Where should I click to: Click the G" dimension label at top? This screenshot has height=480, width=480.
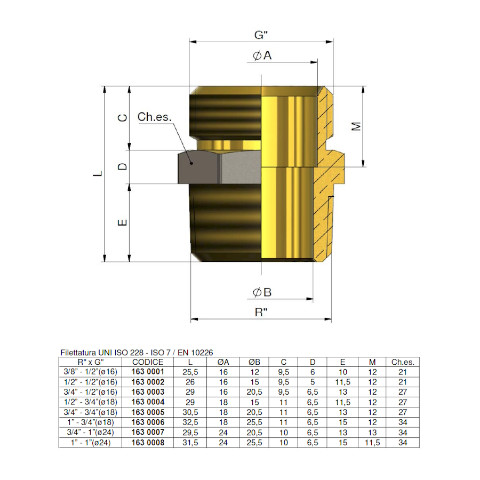point(261,35)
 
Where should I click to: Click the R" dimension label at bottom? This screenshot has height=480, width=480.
point(261,313)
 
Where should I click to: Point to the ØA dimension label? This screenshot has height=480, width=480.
point(262,55)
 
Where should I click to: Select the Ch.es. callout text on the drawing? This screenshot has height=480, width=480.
point(154,117)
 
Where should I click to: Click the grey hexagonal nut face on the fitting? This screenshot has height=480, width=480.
point(198,166)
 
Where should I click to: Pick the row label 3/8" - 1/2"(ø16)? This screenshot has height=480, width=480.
point(90,372)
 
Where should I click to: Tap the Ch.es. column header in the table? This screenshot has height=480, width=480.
point(403,362)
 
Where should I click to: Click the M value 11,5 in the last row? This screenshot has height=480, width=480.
point(372,442)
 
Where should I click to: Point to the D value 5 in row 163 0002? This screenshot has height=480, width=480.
point(313,382)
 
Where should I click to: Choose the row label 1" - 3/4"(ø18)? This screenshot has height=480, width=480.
point(90,422)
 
